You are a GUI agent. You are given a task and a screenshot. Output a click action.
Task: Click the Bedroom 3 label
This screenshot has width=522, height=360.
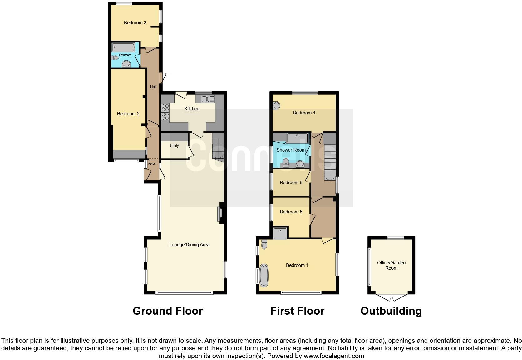(135, 23)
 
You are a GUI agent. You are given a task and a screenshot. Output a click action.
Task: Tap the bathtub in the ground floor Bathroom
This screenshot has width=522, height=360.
(123, 47)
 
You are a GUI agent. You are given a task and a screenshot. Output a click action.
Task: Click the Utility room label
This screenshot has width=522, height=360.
(174, 146)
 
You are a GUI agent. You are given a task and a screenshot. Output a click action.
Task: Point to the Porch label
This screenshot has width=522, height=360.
(152, 164)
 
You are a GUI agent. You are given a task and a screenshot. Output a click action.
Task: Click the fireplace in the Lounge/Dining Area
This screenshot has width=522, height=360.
(220, 213)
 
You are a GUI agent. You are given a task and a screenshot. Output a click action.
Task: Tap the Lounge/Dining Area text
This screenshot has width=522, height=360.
(189, 245)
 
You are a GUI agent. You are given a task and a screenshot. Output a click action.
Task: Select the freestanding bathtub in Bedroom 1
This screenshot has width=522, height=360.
(264, 275)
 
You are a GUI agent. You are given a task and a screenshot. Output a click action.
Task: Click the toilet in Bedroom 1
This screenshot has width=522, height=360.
(264, 245)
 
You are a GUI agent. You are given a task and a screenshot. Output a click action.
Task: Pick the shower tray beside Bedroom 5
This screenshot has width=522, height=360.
(280, 233)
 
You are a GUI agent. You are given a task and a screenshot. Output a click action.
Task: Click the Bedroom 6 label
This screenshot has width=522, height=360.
(291, 182)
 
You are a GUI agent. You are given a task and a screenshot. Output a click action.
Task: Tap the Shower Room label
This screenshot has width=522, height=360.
(291, 150)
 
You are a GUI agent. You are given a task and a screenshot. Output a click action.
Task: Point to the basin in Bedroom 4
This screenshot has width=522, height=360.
(276, 106)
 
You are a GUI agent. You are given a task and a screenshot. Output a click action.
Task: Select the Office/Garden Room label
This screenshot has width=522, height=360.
(391, 265)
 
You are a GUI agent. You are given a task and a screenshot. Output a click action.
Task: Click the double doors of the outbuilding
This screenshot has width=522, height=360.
(391, 297)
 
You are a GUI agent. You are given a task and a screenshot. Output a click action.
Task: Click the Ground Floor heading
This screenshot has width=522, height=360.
(168, 311)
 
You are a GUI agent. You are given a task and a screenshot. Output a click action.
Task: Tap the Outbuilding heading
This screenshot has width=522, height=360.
(391, 311)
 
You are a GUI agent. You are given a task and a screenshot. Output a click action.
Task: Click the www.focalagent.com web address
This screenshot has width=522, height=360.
(334, 356)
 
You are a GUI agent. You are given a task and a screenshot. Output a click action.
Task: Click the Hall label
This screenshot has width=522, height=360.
(153, 87)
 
